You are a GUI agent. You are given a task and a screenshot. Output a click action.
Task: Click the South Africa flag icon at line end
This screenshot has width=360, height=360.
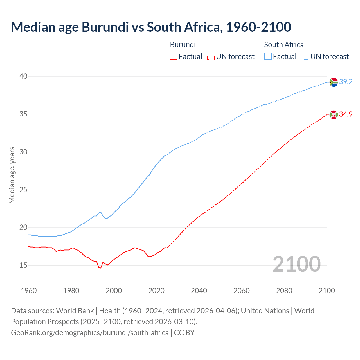click(x=334, y=82)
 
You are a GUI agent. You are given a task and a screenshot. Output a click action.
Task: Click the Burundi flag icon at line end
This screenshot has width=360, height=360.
click(x=334, y=115)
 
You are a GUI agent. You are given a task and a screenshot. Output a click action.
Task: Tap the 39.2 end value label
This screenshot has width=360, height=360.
click(x=346, y=82)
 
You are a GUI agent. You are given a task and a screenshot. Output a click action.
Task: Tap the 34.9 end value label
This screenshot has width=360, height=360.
click(x=346, y=114)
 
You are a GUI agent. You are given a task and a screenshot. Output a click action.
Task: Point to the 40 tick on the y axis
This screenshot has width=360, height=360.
click(x=23, y=76)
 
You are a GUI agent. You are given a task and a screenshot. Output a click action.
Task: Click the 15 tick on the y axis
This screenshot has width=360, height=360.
click(x=23, y=265)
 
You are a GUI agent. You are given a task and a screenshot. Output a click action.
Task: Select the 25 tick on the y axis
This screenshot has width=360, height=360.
click(x=23, y=190)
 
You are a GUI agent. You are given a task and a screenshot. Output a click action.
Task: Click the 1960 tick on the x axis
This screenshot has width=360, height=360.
click(x=29, y=291)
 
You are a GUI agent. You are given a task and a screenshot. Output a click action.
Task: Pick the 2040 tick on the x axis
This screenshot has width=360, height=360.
click(x=199, y=291)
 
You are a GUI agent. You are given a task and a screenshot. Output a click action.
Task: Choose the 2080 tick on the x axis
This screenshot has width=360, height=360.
click(x=284, y=291)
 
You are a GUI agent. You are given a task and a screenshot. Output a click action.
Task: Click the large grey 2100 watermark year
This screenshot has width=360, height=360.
click(x=297, y=264)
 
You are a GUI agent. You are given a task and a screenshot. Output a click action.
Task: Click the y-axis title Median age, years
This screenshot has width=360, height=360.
click(x=12, y=175)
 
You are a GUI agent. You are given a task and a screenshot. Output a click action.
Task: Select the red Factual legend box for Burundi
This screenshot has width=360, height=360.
click(x=174, y=57)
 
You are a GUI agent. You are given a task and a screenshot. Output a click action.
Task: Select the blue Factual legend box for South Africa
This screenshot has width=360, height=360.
click(x=268, y=57)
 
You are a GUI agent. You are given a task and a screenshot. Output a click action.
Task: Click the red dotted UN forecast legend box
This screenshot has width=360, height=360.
click(x=211, y=57)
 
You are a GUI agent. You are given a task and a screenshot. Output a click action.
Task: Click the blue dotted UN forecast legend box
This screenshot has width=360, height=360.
click(x=305, y=57)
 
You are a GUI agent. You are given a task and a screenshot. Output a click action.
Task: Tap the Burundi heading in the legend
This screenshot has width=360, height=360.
click(x=183, y=45)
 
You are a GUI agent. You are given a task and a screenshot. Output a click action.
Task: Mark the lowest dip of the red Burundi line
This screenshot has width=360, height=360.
click(x=100, y=268)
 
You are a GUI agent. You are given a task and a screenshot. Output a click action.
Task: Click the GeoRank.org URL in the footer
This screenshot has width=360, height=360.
click(x=90, y=333)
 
